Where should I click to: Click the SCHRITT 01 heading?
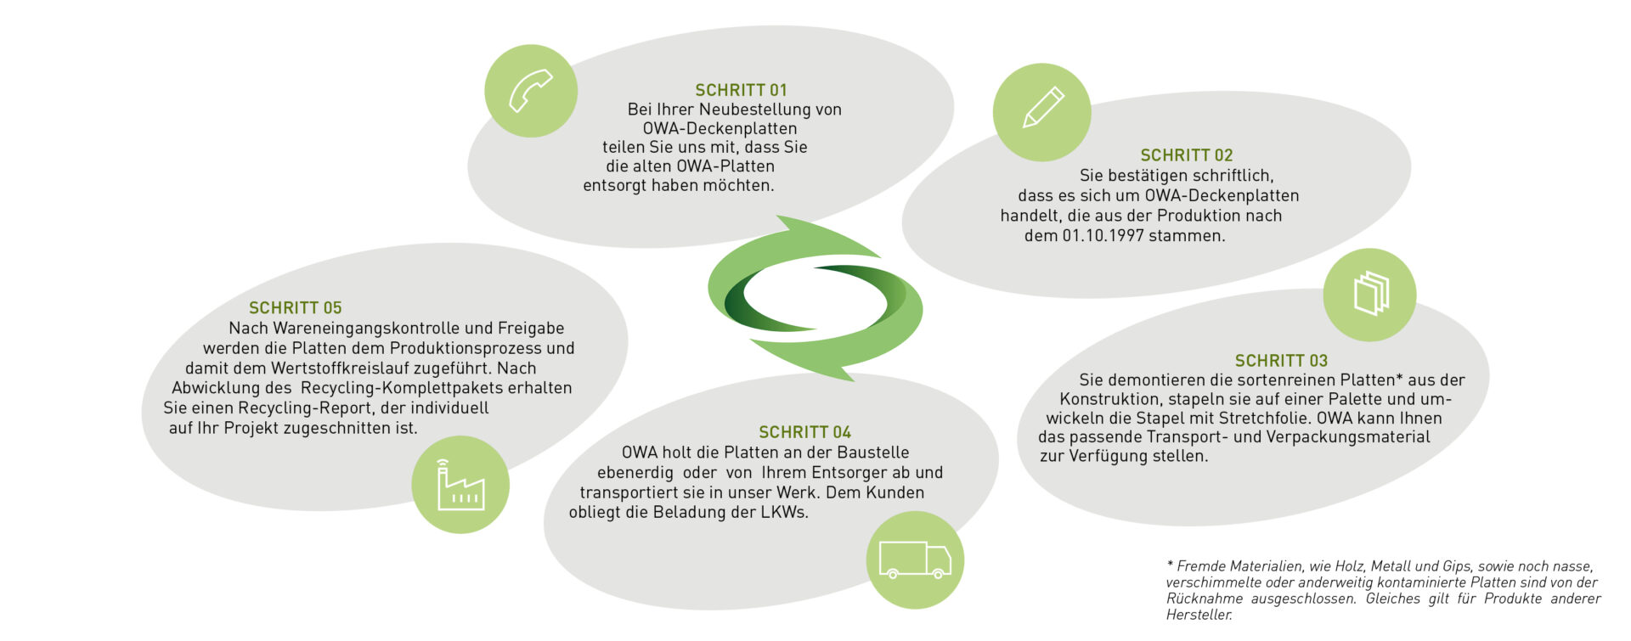(741, 90)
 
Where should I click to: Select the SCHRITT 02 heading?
(1186, 155)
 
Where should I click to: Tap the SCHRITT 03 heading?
(1281, 361)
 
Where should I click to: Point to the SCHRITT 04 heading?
(804, 432)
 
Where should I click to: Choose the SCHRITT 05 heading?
(295, 308)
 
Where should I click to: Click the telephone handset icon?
(531, 91)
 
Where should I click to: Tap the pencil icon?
(1042, 108)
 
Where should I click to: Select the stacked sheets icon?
(1370, 294)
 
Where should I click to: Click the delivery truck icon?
(915, 560)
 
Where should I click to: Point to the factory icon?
(460, 485)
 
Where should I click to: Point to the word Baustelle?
(873, 453)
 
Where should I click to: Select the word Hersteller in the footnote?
(1199, 615)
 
